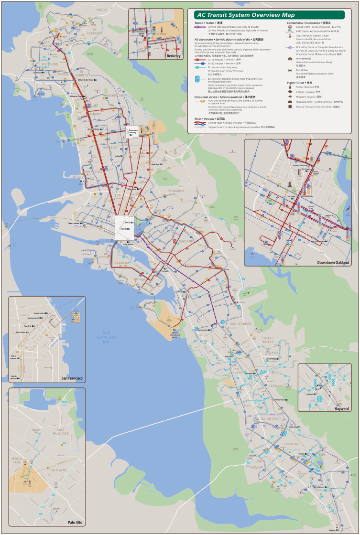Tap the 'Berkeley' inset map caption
[174, 56]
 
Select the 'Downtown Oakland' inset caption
[333, 262]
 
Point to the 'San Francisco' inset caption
[72, 378]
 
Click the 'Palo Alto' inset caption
[76, 523]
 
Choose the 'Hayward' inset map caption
[341, 408]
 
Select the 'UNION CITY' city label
[270, 419]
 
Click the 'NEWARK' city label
[257, 467]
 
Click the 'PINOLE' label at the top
[102, 10]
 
